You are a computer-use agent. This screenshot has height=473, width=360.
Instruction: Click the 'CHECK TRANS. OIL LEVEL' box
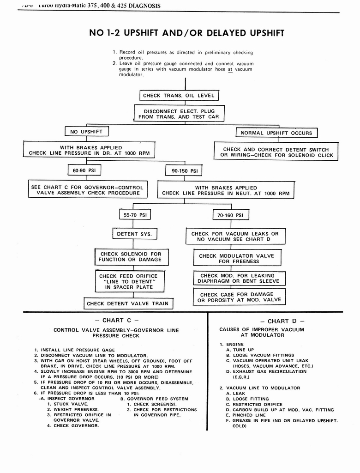[179, 96]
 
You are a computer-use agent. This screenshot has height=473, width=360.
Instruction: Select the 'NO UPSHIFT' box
[86, 132]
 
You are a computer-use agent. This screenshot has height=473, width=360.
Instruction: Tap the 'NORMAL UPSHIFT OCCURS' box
[276, 133]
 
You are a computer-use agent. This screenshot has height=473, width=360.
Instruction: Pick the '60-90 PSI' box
[84, 170]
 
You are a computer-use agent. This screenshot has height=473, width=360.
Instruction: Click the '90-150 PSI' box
[184, 171]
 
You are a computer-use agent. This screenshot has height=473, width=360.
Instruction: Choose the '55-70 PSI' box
[135, 215]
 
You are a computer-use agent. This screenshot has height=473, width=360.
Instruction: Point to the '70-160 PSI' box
[230, 215]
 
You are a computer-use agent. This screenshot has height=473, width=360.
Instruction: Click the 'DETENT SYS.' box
[134, 234]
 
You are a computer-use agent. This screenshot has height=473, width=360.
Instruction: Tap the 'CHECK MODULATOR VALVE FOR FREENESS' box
[236, 258]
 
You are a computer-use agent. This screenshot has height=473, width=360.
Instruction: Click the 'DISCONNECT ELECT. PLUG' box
[179, 114]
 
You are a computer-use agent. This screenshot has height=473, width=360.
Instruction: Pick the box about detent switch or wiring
[276, 152]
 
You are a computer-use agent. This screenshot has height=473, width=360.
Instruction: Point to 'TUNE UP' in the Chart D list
[243, 350]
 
